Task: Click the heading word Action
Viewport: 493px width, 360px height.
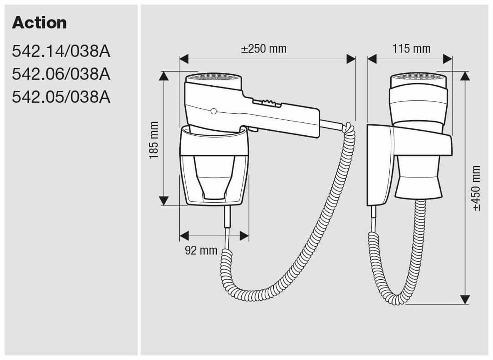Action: (x=39, y=23)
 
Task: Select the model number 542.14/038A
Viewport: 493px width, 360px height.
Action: (x=61, y=51)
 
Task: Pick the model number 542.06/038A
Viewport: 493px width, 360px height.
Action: (x=61, y=75)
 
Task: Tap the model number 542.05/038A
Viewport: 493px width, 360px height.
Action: (x=61, y=97)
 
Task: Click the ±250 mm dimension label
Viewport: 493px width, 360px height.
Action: (x=264, y=49)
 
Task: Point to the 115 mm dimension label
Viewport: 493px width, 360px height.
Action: (x=411, y=49)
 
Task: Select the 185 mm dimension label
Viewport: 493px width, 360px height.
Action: (x=154, y=140)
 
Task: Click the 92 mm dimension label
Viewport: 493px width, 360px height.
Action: (x=201, y=250)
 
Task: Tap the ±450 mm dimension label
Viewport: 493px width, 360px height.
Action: (x=476, y=188)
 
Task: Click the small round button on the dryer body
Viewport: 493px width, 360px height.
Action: (x=214, y=111)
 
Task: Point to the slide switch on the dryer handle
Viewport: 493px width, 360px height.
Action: (x=267, y=103)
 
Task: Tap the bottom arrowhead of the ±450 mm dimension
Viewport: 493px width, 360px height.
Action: (x=465, y=299)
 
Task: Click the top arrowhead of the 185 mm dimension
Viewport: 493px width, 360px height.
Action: (x=164, y=76)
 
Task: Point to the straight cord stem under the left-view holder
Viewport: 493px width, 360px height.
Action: (x=227, y=216)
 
